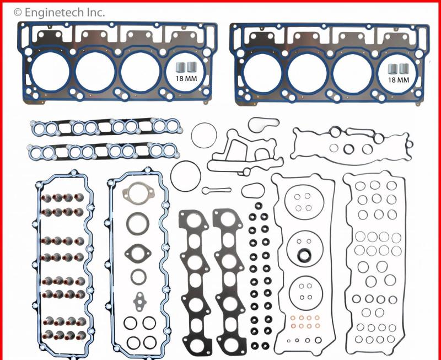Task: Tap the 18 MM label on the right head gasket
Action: coord(399,79)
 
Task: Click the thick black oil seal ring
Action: coord(302,255)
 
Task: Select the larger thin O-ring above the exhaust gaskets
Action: coord(184,175)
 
